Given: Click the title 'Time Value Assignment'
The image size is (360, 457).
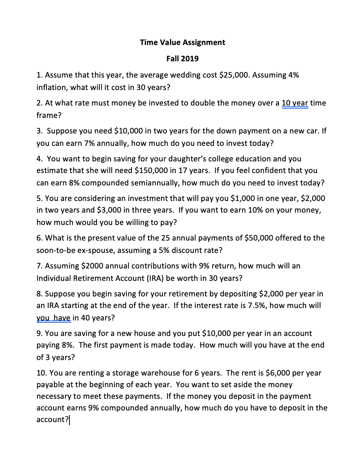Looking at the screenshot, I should tap(182, 42).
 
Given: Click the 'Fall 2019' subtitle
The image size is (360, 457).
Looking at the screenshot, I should tap(182, 59).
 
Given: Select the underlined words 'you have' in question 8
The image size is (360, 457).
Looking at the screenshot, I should tap(54, 318).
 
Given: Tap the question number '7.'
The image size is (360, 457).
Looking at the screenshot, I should tap(40, 266).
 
